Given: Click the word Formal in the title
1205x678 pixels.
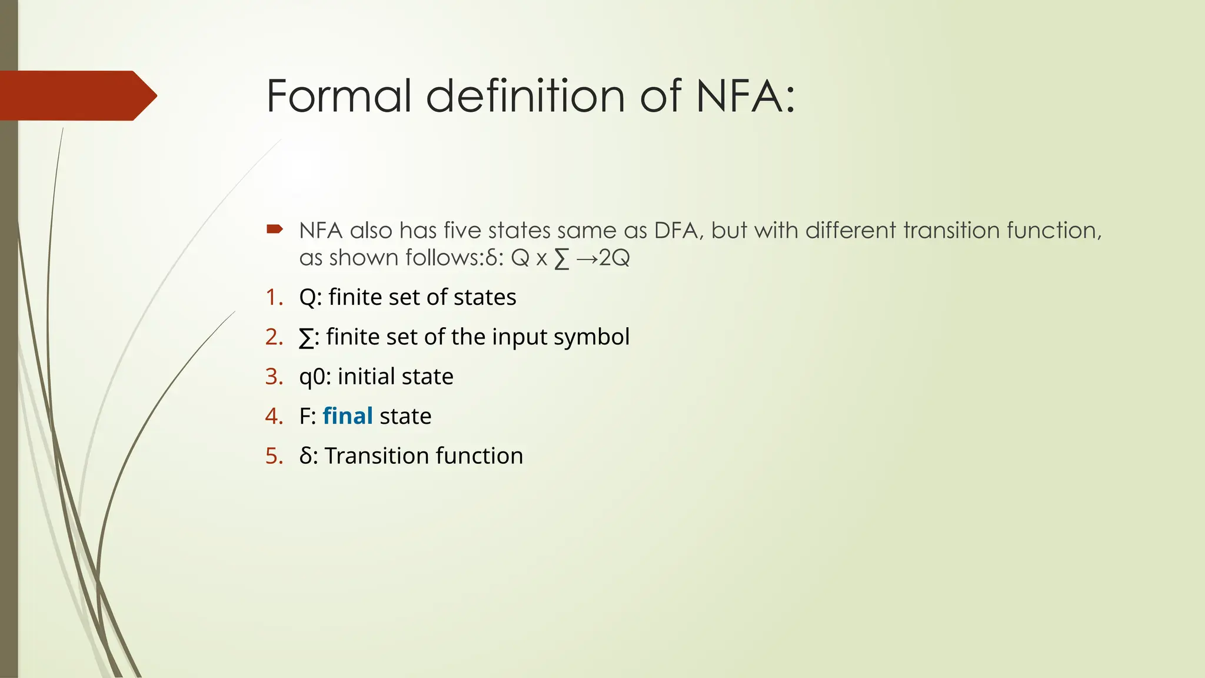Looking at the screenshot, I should pyautogui.click(x=338, y=96).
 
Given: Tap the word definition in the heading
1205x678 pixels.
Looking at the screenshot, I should pyautogui.click(x=525, y=96).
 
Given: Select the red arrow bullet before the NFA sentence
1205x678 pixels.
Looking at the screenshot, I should pyautogui.click(x=275, y=229).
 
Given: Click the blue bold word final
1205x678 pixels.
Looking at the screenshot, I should pyautogui.click(x=348, y=416).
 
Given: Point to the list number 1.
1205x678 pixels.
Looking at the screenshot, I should pyautogui.click(x=274, y=297).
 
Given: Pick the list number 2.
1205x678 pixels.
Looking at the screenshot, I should pyautogui.click(x=274, y=337).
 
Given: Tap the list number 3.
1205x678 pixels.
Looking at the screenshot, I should pyautogui.click(x=274, y=377).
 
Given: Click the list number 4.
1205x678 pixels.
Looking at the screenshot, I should pyautogui.click(x=274, y=416).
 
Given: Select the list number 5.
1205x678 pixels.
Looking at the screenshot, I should pyautogui.click(x=274, y=456).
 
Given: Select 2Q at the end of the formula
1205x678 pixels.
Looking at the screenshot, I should pyautogui.click(x=614, y=258).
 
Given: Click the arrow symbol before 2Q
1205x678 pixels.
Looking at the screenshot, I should pyautogui.click(x=587, y=258).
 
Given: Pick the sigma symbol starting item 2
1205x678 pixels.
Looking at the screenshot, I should pyautogui.click(x=306, y=338).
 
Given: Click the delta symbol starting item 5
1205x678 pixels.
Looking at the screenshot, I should pyautogui.click(x=305, y=456).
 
